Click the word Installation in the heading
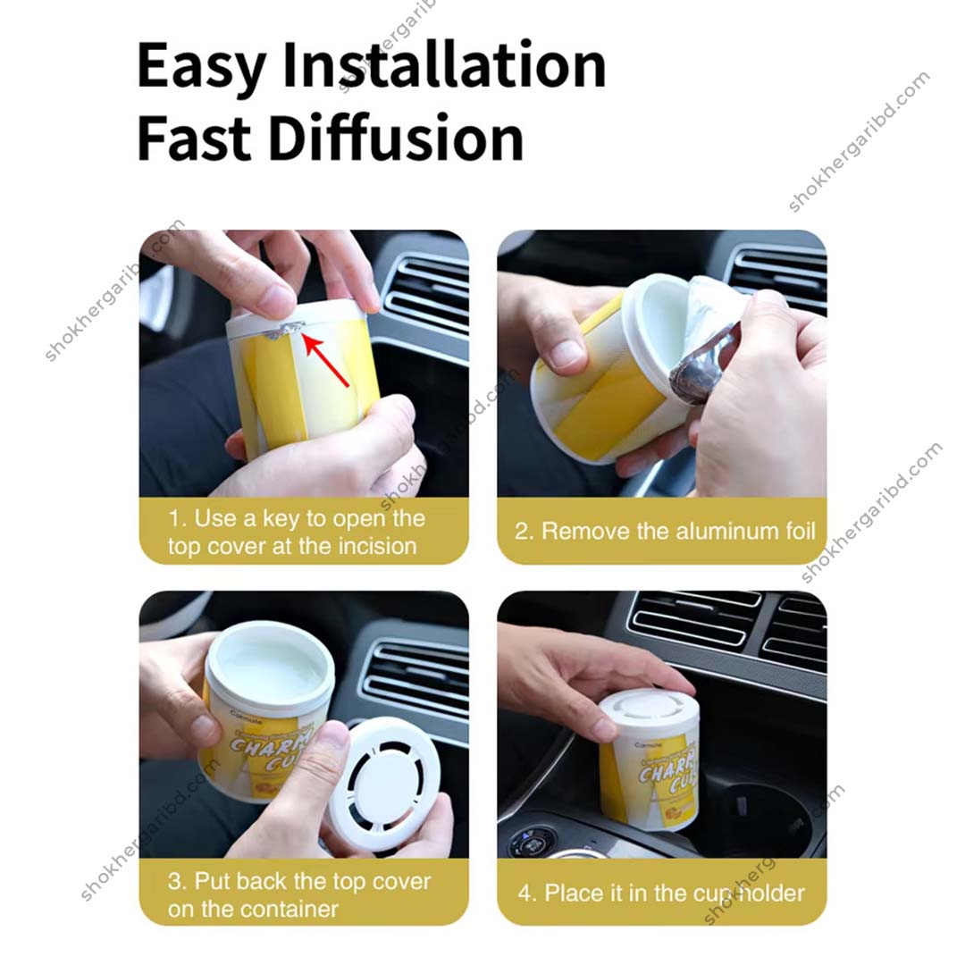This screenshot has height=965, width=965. tap(444, 66)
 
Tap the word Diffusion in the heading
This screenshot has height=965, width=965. tap(396, 138)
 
